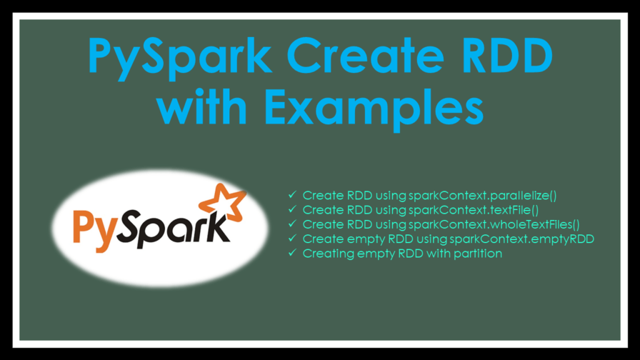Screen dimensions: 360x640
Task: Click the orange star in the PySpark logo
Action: click(221, 202)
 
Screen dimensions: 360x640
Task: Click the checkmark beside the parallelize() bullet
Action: click(291, 196)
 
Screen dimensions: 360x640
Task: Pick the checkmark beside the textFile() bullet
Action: click(291, 210)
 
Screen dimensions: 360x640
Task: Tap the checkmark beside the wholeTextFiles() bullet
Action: click(291, 224)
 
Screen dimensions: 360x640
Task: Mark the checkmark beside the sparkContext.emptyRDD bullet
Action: click(291, 239)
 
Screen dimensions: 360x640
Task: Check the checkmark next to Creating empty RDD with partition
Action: click(291, 253)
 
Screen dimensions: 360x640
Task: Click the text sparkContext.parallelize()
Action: click(482, 196)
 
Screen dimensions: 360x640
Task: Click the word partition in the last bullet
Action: click(479, 253)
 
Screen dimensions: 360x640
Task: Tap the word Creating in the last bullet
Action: click(325, 254)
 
